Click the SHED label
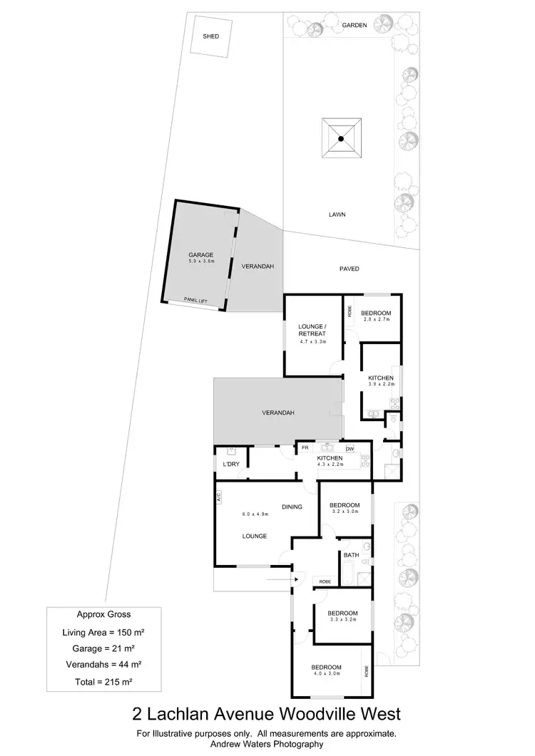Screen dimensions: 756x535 pos(210,36)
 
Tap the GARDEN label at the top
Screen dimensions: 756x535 pos(354,25)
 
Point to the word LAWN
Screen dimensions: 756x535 pos(337,214)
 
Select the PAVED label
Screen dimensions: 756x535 pos(349,269)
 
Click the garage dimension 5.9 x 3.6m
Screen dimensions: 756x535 pos(201,262)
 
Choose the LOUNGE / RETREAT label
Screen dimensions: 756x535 pos(312,330)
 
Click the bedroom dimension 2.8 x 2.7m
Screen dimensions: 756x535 pos(376,320)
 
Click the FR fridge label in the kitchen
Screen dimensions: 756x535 pos(305,448)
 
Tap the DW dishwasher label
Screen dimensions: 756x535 pos(350,448)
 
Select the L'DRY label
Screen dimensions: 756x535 pos(230,465)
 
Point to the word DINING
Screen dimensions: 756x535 pos(292,507)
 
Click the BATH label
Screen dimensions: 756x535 pos(351,554)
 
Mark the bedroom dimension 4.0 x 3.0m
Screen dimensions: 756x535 pos(325,673)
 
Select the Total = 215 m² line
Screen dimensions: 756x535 pos(103,682)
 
